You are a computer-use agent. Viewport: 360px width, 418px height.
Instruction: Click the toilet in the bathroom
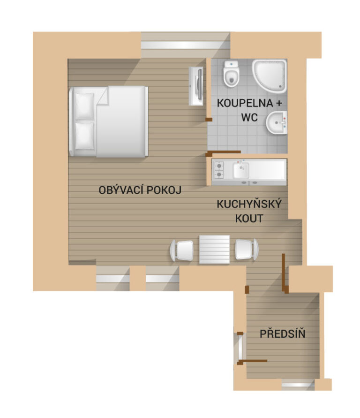231,74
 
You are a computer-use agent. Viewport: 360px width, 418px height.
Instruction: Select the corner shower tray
269,76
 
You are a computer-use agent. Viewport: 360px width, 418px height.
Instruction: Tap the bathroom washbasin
277,122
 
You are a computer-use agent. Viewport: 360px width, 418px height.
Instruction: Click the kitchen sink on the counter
241,171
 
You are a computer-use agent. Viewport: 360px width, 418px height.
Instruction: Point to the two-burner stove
219,170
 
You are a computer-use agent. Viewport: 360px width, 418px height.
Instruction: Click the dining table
214,249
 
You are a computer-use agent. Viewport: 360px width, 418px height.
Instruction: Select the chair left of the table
181,251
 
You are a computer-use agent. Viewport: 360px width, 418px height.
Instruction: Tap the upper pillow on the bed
84,106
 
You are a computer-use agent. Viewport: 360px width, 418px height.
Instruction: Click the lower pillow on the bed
84,136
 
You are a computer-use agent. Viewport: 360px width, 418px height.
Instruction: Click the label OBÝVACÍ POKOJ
140,190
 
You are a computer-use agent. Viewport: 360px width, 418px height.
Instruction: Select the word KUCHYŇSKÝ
249,204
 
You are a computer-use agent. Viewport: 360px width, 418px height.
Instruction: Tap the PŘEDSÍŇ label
283,334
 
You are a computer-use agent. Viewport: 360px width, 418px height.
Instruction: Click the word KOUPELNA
245,103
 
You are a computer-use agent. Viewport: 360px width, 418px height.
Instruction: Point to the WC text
249,117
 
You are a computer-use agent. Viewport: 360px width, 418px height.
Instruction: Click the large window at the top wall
185,45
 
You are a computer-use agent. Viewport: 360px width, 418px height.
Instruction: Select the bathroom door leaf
224,152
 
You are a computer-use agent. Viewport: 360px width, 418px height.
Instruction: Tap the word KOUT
249,218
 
